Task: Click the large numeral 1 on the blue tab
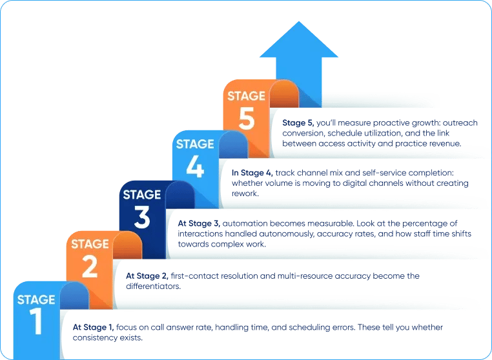point(37,322)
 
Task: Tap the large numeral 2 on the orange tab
point(90,266)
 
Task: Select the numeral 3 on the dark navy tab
point(142,217)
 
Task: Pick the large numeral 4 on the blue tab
point(195,166)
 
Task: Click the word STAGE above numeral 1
point(36,300)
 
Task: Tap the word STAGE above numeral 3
point(142,195)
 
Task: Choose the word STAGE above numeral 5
point(246,96)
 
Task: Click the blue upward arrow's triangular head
point(299,39)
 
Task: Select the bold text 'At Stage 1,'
point(94,328)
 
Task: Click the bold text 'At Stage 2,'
point(147,276)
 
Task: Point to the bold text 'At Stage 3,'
point(200,224)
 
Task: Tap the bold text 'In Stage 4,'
point(252,173)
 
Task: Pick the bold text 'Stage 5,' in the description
point(298,123)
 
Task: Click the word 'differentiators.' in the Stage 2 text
point(154,286)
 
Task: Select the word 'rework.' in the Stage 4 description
point(245,194)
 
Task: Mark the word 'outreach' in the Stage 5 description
point(460,123)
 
